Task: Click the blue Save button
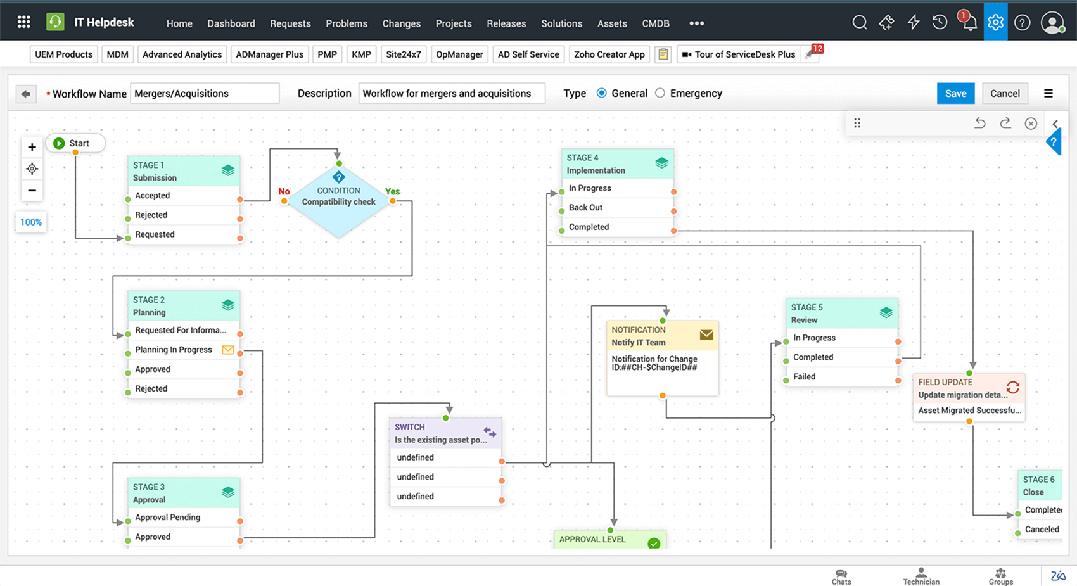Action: point(955,93)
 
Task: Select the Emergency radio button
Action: point(660,93)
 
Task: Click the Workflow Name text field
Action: point(204,93)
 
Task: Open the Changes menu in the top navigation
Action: point(401,23)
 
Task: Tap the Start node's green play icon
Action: point(59,143)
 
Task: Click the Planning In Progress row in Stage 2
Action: point(174,350)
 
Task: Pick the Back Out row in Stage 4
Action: point(586,207)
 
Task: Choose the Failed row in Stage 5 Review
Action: point(805,376)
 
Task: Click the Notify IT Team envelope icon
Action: point(706,335)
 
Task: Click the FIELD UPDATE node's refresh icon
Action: point(1012,387)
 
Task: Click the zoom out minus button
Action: point(32,190)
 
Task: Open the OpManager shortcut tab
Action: point(459,54)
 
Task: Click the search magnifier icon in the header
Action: point(859,23)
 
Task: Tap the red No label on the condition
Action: point(284,191)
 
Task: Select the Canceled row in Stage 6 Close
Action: point(1042,529)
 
